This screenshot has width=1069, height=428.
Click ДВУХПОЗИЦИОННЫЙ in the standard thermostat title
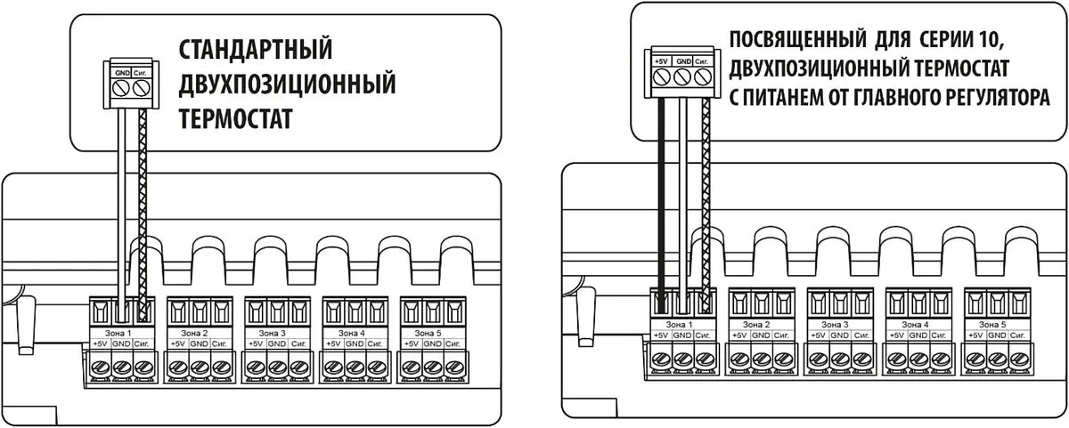tap(287, 84)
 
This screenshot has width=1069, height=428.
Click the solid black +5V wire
tap(661, 196)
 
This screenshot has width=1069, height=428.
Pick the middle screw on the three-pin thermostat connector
tap(682, 78)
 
